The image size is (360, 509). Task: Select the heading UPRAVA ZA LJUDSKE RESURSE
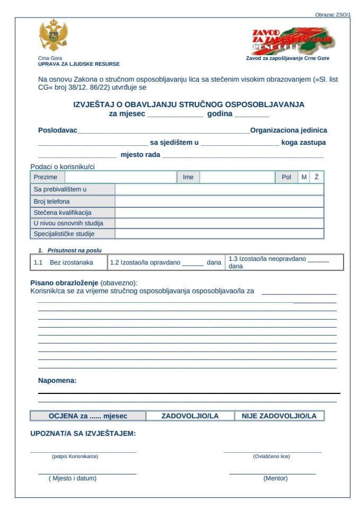(x=78, y=64)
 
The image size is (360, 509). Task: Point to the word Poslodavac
(x=58, y=130)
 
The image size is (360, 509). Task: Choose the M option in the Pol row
(x=304, y=177)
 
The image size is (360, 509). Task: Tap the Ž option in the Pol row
(x=317, y=177)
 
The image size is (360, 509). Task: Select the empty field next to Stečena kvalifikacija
(x=219, y=213)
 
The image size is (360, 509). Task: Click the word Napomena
(x=57, y=380)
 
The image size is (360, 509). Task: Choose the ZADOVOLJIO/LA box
(x=190, y=416)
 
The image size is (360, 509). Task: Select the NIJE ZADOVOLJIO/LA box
(x=279, y=416)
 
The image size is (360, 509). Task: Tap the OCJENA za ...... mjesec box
(x=88, y=416)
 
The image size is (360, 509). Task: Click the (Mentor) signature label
(x=275, y=478)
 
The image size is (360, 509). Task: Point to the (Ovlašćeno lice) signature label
(x=271, y=457)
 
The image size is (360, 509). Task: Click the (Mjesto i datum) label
(x=73, y=478)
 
